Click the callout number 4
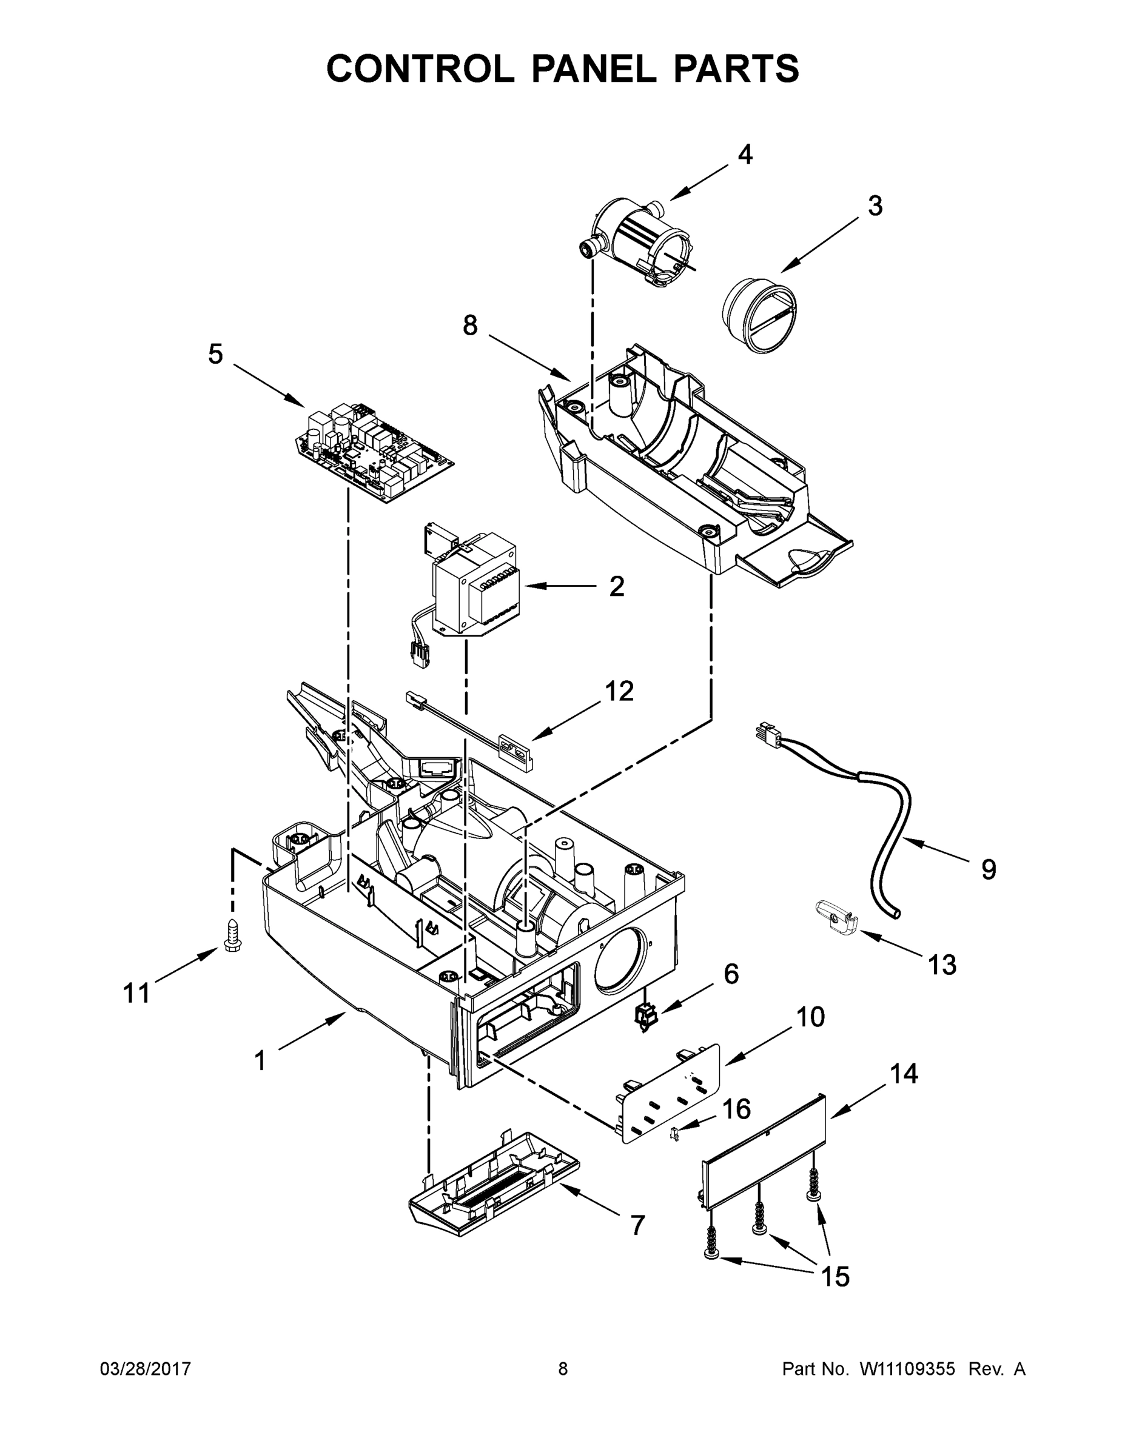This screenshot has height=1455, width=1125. click(x=745, y=155)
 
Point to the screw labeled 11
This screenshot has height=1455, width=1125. click(x=232, y=935)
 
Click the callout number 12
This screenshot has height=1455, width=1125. click(x=619, y=692)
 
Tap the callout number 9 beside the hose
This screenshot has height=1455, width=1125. click(x=989, y=869)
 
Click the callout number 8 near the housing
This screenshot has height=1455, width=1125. click(x=471, y=326)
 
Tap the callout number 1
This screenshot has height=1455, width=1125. click(x=261, y=1062)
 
